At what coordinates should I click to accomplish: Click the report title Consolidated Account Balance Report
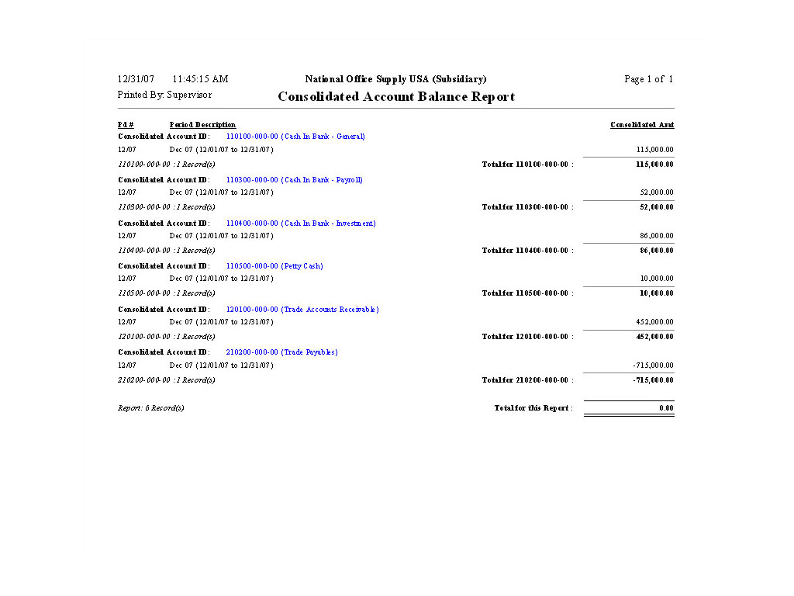click(x=396, y=97)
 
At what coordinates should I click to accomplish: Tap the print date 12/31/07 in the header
click(x=136, y=79)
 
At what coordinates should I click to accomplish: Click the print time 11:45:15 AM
click(x=200, y=79)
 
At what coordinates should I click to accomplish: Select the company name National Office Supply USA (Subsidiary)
click(x=395, y=79)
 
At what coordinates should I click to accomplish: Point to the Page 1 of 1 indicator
click(x=648, y=79)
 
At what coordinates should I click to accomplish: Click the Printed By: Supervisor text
click(x=164, y=95)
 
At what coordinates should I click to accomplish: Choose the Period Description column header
click(x=202, y=125)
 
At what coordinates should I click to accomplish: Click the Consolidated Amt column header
click(x=642, y=125)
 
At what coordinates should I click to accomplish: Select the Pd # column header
click(x=126, y=125)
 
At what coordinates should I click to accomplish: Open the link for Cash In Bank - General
click(x=295, y=137)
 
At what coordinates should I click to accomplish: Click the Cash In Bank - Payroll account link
click(x=295, y=180)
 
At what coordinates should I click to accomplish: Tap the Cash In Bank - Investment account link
click(x=301, y=223)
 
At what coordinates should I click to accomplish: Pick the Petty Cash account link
click(x=274, y=266)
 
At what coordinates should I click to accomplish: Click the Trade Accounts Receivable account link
click(x=302, y=310)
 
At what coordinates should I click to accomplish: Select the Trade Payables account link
click(x=281, y=352)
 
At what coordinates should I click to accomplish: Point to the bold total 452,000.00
click(x=654, y=337)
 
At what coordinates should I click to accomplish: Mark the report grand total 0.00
click(x=667, y=408)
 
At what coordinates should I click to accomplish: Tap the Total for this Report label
click(x=533, y=408)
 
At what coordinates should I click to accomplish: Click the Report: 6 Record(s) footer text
click(x=151, y=408)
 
